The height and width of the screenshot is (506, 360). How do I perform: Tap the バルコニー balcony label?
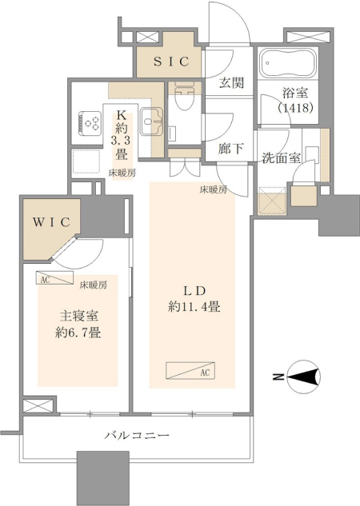click(135, 436)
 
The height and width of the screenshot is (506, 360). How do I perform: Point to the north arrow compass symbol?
click(302, 376)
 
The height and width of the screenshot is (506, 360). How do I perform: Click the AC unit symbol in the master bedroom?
click(54, 279)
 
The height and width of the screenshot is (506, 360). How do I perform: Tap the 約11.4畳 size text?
click(190, 305)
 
